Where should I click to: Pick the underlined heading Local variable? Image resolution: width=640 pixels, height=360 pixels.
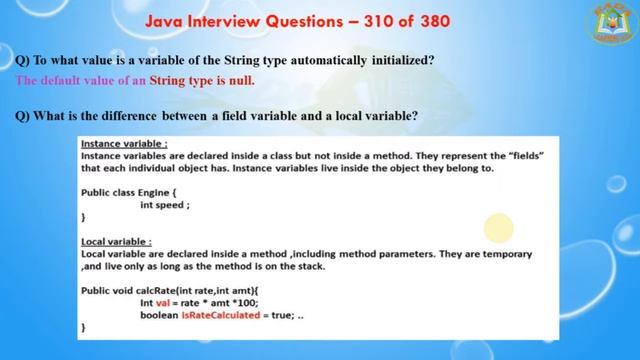coord(116,241)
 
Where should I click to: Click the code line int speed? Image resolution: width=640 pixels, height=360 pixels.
coord(164,204)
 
